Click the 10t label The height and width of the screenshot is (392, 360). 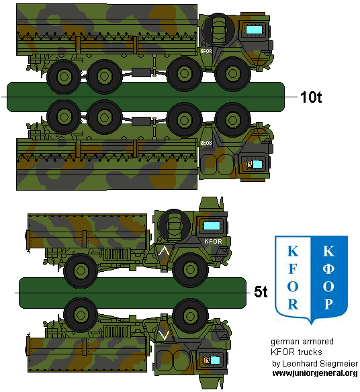pyautogui.click(x=311, y=98)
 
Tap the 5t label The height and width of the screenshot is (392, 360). pyautogui.click(x=261, y=292)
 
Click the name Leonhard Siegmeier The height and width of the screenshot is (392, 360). pyautogui.click(x=316, y=363)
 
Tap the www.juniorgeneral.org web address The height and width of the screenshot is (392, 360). pyautogui.click(x=314, y=373)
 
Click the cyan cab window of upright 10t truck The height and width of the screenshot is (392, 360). pyautogui.click(x=255, y=30)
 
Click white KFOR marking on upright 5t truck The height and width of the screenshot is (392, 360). pyautogui.click(x=212, y=241)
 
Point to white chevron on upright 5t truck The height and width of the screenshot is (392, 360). pyautogui.click(x=163, y=252)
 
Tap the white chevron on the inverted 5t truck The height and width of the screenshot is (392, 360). pyautogui.click(x=163, y=334)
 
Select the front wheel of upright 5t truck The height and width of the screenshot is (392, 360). pyautogui.click(x=189, y=270)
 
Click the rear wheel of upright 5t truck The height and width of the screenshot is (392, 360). pyautogui.click(x=80, y=270)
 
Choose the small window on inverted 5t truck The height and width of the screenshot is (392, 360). pyautogui.click(x=208, y=360)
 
